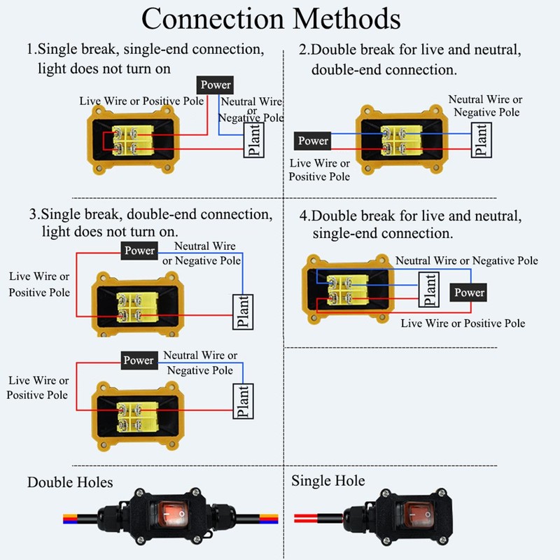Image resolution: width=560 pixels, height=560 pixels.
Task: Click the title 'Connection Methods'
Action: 271,19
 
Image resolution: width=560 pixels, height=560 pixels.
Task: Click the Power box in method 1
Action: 215,85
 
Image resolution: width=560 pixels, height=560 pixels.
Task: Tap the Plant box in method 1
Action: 253,139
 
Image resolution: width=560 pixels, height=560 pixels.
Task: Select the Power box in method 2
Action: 313,141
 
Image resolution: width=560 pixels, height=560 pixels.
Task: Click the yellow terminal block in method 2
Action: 400,139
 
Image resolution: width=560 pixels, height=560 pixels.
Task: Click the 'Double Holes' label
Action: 70,482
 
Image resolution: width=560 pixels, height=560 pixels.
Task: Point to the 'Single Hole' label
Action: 328,481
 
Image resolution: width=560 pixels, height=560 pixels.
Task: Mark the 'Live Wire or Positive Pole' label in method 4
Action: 463,323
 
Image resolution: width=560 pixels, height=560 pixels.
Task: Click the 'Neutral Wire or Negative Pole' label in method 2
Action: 486,106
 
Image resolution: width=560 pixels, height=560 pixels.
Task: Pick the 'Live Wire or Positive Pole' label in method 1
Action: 141,101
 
